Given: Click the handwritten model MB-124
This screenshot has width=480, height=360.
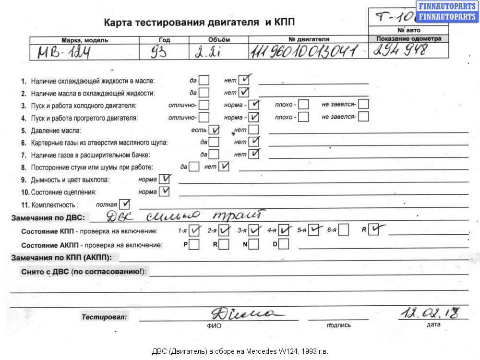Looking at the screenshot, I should point(65,52).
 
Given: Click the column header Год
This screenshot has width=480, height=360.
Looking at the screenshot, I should point(164,40).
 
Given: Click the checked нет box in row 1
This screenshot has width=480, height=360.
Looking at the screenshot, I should point(245,79).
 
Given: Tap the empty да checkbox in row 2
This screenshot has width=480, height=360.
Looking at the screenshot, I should point(204,92).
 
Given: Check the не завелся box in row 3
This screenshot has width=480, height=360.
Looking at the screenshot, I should point(363,104).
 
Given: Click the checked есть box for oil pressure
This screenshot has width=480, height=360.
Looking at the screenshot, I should point(214,130).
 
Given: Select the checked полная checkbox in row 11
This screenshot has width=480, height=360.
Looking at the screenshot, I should point(124,204).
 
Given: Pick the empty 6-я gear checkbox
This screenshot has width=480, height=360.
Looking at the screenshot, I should point(343,231).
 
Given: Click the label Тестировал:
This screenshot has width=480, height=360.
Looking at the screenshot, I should point(104,317).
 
